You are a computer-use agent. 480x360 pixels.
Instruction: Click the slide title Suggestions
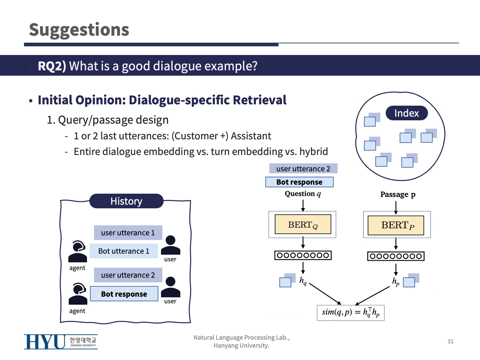point(79,30)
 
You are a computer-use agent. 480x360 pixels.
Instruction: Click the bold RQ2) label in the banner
point(52,66)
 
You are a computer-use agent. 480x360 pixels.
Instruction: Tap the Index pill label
point(406,113)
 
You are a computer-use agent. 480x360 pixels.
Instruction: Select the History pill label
point(126,201)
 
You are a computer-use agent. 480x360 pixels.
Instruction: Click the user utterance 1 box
point(128,233)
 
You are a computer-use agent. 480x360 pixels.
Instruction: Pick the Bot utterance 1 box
point(124,251)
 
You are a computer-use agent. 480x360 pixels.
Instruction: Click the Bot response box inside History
point(124,294)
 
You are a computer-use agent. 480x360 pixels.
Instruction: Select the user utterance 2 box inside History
point(128,275)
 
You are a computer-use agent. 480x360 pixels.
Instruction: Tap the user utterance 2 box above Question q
point(303,169)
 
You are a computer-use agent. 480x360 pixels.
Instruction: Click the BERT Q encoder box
point(303,225)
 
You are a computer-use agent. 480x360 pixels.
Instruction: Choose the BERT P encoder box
point(396,225)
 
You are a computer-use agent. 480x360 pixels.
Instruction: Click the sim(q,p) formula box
point(350,312)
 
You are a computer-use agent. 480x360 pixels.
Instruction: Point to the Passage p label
point(398,194)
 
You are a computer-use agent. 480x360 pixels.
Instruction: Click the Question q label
point(303,194)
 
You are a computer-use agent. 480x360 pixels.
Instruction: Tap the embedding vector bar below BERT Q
point(303,255)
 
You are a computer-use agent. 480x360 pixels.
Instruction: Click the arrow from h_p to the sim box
point(373,295)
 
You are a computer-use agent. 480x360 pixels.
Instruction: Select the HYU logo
point(61,342)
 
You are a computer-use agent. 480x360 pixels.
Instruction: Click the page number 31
point(450,341)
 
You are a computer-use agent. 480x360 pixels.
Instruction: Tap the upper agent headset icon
point(78,252)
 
